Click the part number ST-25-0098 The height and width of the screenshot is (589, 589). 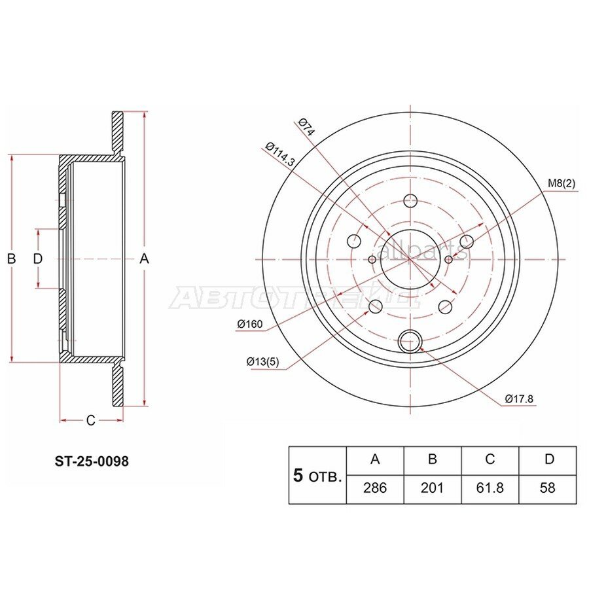click(91, 461)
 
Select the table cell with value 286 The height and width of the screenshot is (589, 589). click(375, 488)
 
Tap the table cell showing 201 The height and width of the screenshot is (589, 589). click(432, 488)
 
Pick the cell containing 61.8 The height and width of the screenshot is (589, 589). click(490, 488)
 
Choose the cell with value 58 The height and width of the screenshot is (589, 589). click(547, 488)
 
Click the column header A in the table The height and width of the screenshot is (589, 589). click(375, 459)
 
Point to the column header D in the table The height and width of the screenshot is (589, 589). click(547, 459)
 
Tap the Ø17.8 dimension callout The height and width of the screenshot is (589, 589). click(518, 399)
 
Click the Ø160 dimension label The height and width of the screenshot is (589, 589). click(249, 324)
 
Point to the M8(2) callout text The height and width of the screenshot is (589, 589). click(561, 185)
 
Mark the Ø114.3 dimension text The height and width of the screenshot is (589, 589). click(280, 156)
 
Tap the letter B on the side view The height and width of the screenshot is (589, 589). click(11, 259)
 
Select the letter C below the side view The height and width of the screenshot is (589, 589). click(91, 420)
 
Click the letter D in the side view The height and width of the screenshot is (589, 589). click(38, 259)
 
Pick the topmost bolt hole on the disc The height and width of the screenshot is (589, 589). click(410, 201)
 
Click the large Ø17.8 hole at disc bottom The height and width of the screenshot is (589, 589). click(410, 340)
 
